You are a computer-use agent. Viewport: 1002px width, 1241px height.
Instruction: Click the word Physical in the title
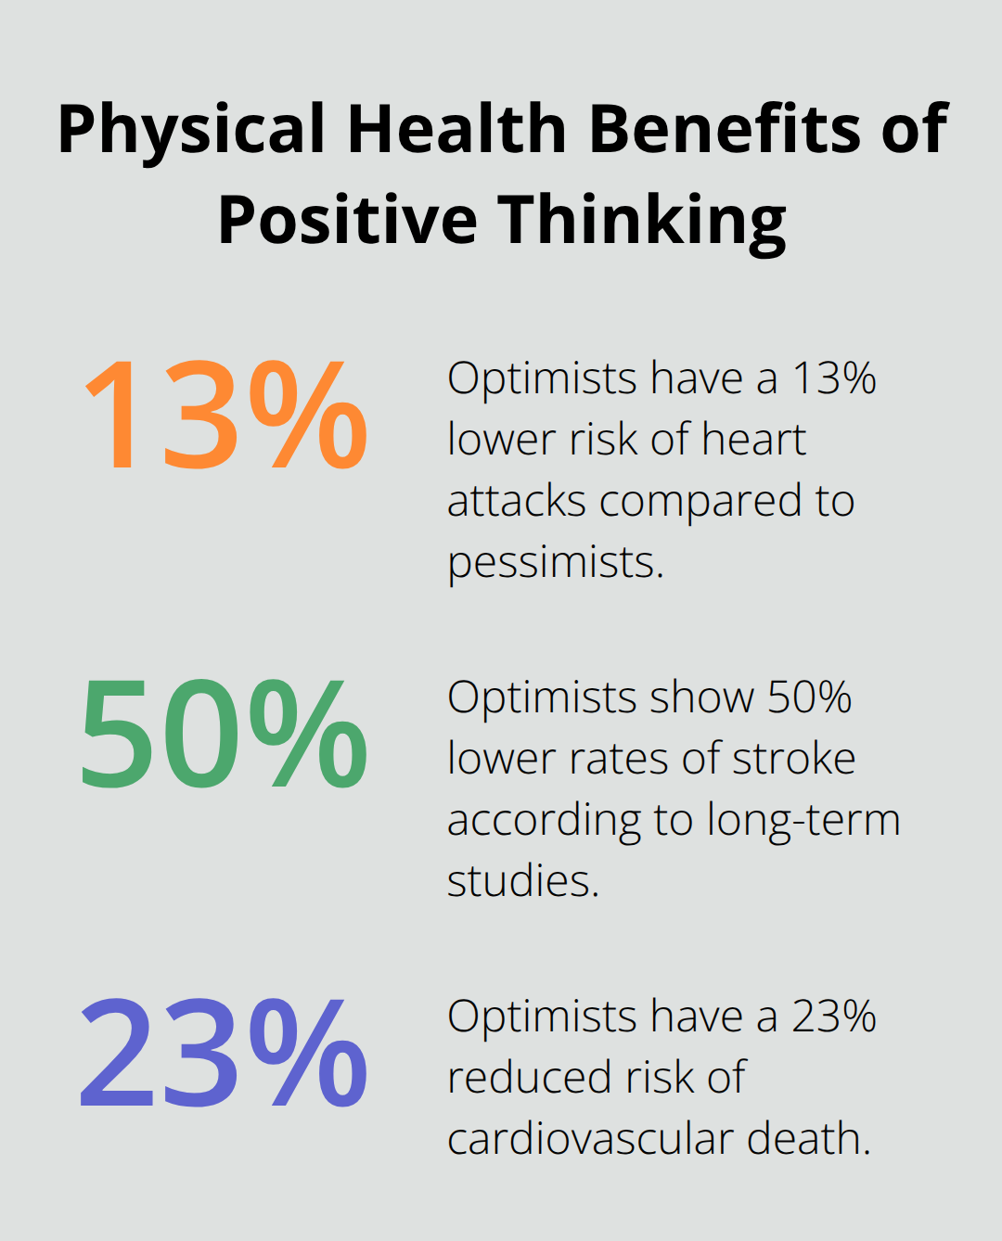pyautogui.click(x=191, y=130)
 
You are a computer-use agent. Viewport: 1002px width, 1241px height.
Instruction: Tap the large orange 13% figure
pyautogui.click(x=225, y=416)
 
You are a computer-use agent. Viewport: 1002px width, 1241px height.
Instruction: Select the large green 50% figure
pyautogui.click(x=225, y=735)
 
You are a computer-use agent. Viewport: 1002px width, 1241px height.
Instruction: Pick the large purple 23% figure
pyautogui.click(x=225, y=1054)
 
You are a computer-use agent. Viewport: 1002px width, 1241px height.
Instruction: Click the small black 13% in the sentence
pyautogui.click(x=833, y=378)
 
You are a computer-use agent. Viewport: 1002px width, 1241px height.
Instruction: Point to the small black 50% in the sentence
pyautogui.click(x=809, y=697)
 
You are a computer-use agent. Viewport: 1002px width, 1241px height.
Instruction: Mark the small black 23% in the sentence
pyautogui.click(x=833, y=1017)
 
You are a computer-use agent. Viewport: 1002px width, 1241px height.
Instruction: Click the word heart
pyautogui.click(x=753, y=440)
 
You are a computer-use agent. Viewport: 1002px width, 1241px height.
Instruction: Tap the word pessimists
pyautogui.click(x=555, y=563)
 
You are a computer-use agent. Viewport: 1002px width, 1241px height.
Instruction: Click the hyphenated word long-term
pyautogui.click(x=803, y=821)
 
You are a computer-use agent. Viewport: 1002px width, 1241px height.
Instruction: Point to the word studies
pyautogui.click(x=522, y=881)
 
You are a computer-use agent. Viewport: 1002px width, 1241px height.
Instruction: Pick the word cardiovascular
pyautogui.click(x=589, y=1139)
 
